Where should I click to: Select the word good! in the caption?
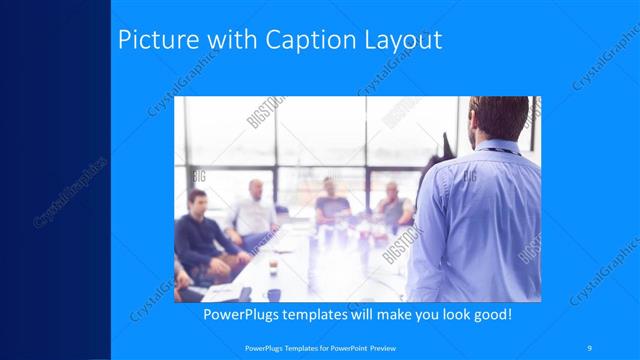pos(490,314)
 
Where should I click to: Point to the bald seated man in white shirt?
pos(253,210)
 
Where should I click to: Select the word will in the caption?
pos(373,314)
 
